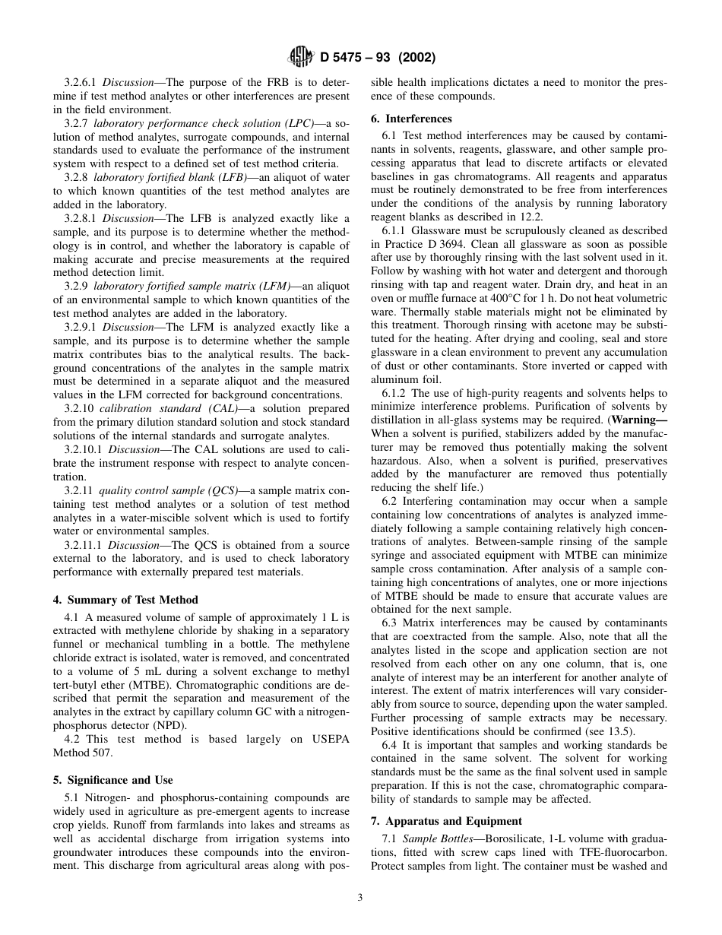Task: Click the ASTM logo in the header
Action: point(300,57)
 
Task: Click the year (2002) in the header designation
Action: point(415,58)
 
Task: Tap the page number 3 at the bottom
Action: point(360,897)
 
